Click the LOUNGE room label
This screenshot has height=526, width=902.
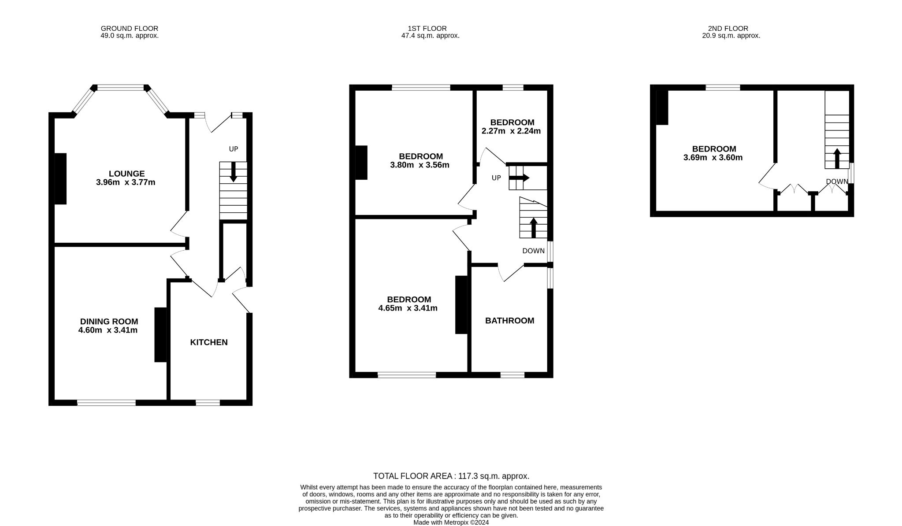pyautogui.click(x=127, y=174)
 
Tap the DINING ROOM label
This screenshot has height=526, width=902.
pyautogui.click(x=109, y=322)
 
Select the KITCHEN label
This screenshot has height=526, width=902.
pyautogui.click(x=209, y=342)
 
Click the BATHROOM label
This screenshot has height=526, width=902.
pyautogui.click(x=510, y=321)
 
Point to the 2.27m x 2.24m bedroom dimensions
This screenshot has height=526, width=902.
pyautogui.click(x=511, y=131)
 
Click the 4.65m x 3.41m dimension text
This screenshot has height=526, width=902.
pyautogui.click(x=408, y=308)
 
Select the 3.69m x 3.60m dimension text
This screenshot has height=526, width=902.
pyautogui.click(x=713, y=158)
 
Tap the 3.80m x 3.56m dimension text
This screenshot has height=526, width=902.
pyautogui.click(x=420, y=165)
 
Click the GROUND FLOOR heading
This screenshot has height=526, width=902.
pyautogui.click(x=130, y=29)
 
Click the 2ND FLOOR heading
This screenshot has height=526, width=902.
pyautogui.click(x=731, y=29)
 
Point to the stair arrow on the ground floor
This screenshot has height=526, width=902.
pyautogui.click(x=234, y=172)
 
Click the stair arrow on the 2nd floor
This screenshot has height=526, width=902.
pyautogui.click(x=837, y=158)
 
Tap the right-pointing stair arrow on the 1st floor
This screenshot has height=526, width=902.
pyautogui.click(x=519, y=178)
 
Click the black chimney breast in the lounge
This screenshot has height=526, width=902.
pyautogui.click(x=60, y=178)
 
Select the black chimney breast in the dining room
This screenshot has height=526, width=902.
pyautogui.click(x=161, y=335)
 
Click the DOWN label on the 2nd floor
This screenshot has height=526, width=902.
pyautogui.click(x=837, y=182)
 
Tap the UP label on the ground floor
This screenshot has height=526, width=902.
pyautogui.click(x=234, y=149)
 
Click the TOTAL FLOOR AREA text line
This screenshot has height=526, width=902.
pyautogui.click(x=451, y=476)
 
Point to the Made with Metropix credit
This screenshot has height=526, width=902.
pyautogui.click(x=451, y=522)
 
